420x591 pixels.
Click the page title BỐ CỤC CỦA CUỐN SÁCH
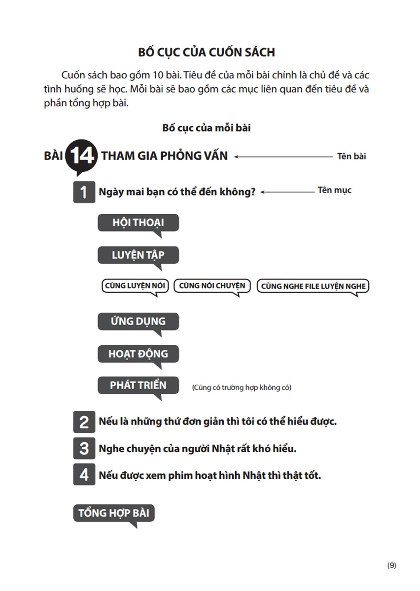(207, 53)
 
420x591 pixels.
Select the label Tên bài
(351, 157)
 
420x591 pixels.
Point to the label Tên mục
(334, 190)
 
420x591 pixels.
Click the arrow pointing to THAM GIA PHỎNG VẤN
(283, 157)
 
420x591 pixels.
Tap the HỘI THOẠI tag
(138, 223)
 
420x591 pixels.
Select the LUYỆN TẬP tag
(138, 255)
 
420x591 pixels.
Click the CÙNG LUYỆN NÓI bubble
(135, 286)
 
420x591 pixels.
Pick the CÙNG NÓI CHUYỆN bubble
(212, 286)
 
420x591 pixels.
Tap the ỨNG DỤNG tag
(138, 321)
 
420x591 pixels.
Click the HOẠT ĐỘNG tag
(138, 354)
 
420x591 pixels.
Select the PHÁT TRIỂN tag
(138, 385)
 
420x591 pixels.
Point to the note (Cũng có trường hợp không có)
(242, 388)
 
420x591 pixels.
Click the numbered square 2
(84, 422)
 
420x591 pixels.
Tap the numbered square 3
(84, 449)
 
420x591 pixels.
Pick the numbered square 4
(84, 475)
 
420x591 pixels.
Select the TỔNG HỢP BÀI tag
(114, 513)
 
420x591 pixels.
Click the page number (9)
(391, 565)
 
